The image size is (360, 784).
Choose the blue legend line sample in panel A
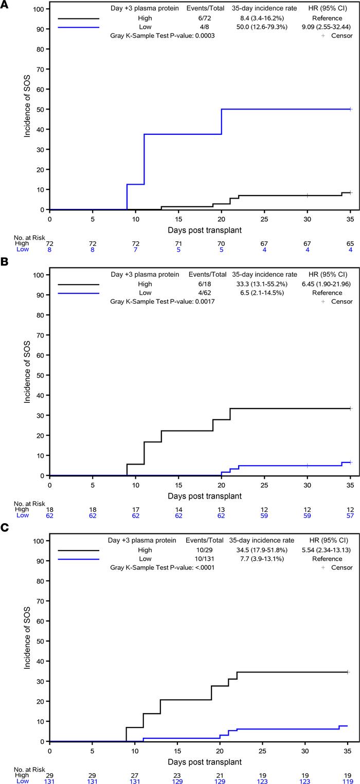[78, 27]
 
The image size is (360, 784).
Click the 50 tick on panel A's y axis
[39, 109]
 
